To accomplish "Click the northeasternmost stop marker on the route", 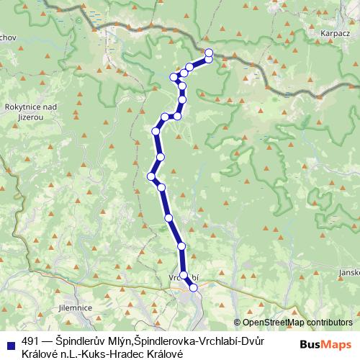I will click(209, 53).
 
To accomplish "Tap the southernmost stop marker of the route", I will click(193, 287).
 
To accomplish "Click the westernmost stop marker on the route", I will click(152, 176).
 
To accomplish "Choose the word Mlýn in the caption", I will click(108, 343).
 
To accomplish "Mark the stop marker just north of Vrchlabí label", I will click(184, 274).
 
